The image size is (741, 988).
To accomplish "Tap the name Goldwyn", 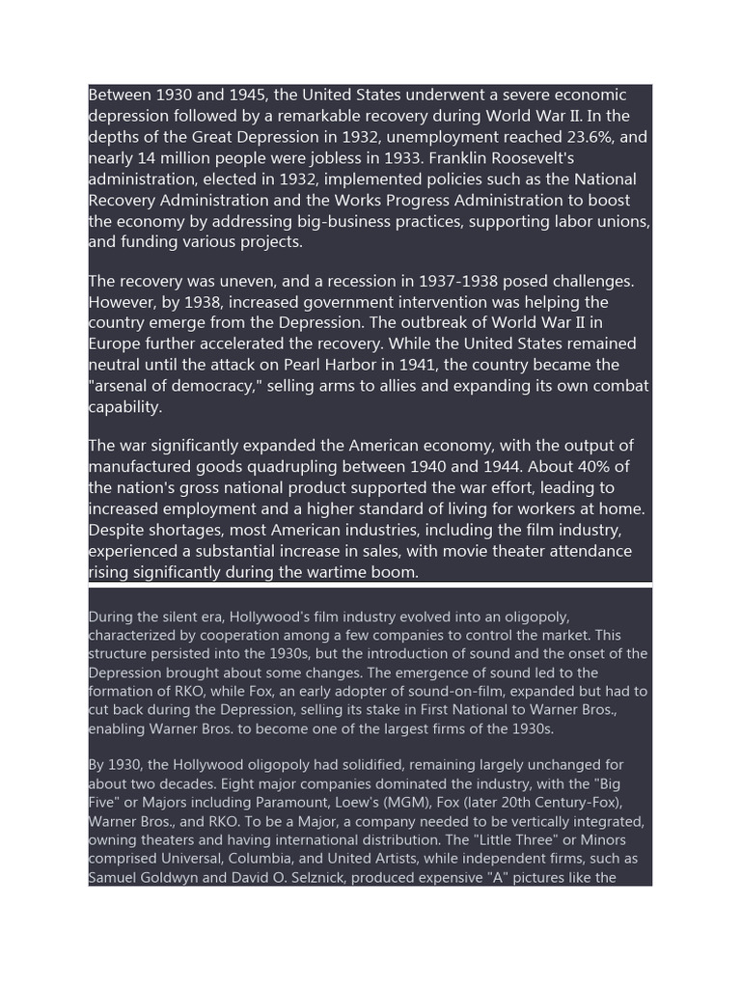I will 174,878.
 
